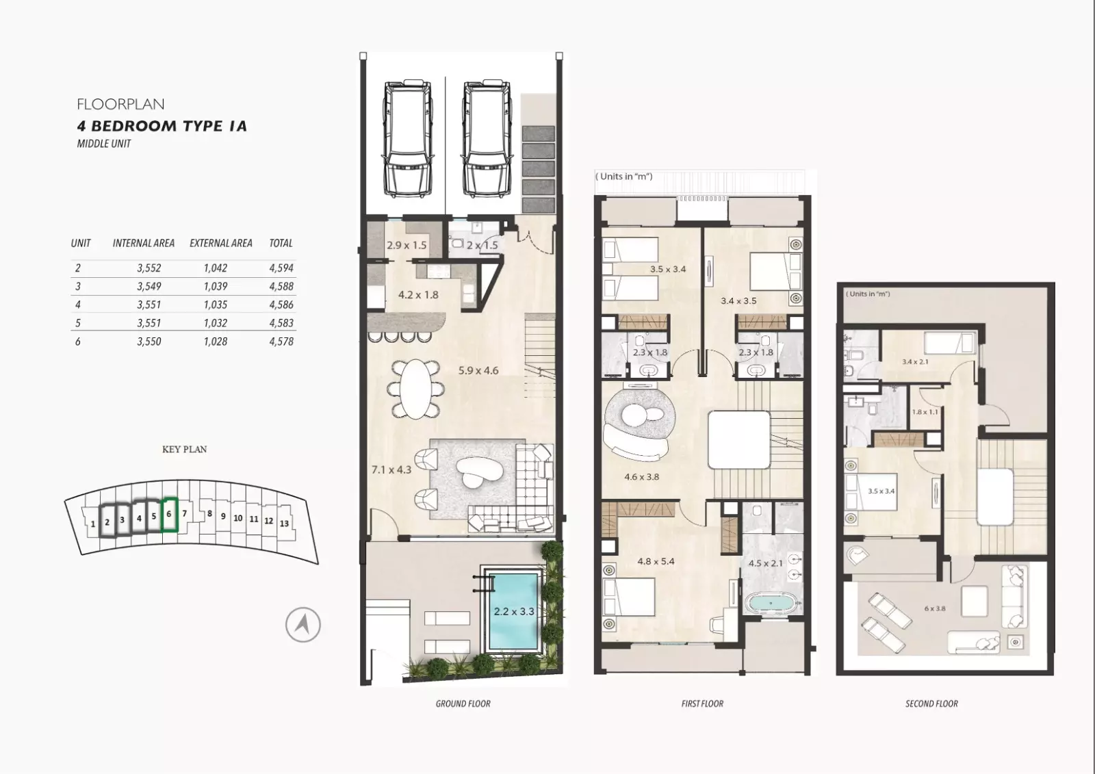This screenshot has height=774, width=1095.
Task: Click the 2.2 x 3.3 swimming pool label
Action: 514,611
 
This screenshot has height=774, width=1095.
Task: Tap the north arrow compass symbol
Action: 303,625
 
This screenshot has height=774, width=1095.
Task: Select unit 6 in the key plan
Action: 170,515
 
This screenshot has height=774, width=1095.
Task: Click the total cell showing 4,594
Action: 281,268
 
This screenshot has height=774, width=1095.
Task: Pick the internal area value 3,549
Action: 149,287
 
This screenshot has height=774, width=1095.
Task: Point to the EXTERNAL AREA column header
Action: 221,243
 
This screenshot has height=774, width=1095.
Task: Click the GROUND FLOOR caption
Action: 463,704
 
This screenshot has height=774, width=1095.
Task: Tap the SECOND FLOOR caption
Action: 931,704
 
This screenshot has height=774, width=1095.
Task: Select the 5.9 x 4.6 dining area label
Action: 478,371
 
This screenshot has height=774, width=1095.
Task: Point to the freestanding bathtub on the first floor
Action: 773,604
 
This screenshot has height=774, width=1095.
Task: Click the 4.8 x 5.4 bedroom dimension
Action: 656,561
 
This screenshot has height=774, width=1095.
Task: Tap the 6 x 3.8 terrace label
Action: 935,609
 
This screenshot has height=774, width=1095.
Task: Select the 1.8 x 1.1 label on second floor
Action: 925,412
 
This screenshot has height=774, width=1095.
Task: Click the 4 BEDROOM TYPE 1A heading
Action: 162,126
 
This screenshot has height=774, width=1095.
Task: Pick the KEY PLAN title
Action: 184,450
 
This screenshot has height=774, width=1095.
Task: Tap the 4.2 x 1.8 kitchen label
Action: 418,295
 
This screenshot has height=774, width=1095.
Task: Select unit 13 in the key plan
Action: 285,523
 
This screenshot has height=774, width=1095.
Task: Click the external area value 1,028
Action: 216,341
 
